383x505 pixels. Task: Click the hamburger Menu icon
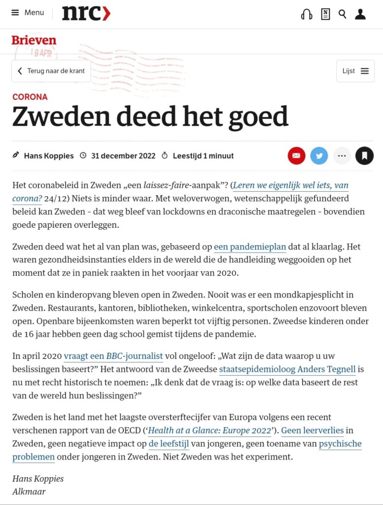coord(15,13)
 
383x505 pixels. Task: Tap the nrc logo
coord(86,13)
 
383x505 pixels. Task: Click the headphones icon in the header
coord(306,14)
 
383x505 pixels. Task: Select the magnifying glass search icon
coord(342,14)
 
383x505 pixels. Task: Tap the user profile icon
coord(360,14)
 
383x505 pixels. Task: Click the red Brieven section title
coord(34,40)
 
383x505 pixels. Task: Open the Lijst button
coord(355,71)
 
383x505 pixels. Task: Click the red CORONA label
coord(30,97)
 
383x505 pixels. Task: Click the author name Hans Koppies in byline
coord(49,156)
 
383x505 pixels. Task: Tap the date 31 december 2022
coord(123,156)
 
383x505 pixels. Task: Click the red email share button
coord(296,156)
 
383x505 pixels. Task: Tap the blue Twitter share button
coord(319,156)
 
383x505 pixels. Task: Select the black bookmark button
coord(364,156)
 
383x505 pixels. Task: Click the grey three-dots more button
coord(342,156)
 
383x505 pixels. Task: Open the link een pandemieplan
coord(249,247)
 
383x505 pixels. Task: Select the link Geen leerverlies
coord(313,431)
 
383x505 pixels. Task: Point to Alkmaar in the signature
coord(29,491)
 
